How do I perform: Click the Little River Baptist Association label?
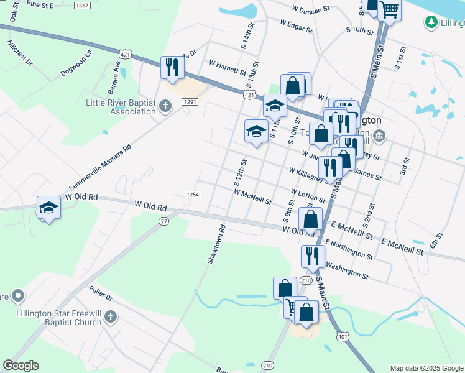120,107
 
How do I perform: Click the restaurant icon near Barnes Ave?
172,67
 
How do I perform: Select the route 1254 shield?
193,195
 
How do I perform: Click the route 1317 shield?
81,6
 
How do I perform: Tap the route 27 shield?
164,221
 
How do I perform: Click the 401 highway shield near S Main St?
343,336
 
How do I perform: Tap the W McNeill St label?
252,197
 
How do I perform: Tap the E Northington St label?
348,250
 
